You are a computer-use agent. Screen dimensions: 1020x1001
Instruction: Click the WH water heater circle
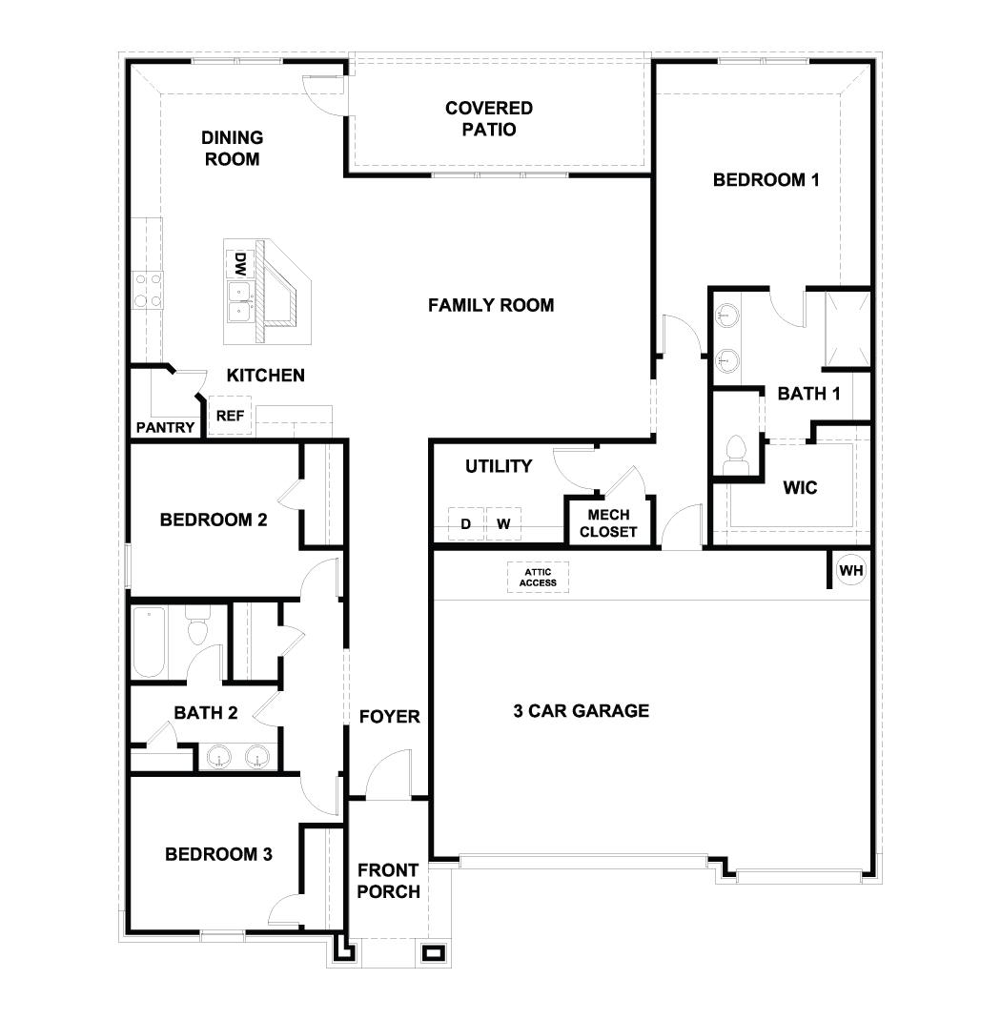coord(850,570)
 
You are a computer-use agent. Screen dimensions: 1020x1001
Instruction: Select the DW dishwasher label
coord(241,263)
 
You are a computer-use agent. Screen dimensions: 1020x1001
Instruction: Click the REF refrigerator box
coord(230,416)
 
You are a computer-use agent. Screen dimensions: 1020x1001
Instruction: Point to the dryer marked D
coord(466,523)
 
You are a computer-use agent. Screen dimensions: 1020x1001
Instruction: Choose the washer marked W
coord(503,523)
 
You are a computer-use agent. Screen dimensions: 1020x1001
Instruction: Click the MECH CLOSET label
coord(607,523)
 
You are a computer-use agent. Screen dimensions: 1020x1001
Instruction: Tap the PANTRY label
coord(165,428)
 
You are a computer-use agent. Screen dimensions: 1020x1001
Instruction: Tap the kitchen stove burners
coord(148,290)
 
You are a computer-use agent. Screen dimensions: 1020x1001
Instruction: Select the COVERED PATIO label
coord(488,119)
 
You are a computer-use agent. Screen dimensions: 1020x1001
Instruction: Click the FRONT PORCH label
coord(388,881)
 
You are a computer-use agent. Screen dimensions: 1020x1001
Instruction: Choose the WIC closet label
coord(800,487)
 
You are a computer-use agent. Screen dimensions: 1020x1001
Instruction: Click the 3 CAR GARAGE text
coord(581,710)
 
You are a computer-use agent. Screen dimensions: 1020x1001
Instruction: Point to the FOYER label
coord(389,716)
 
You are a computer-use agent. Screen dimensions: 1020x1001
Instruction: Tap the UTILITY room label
coord(499,466)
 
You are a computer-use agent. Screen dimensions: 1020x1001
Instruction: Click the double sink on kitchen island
coord(239,301)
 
